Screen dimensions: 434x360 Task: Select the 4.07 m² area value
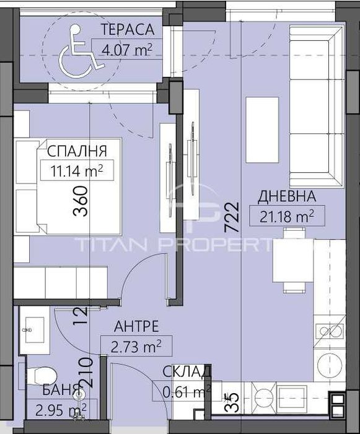[x=123, y=45]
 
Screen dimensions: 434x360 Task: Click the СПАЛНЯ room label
[x=77, y=151]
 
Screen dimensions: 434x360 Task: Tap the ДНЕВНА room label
[x=287, y=197]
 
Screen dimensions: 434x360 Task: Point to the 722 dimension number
[x=231, y=217]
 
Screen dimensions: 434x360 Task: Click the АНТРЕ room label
[x=137, y=326]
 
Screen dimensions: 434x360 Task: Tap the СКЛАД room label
[x=188, y=372]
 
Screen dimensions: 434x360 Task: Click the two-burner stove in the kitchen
[x=330, y=332]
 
